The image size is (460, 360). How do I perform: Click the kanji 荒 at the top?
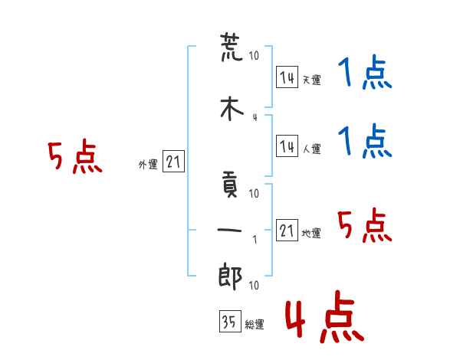coord(232,47)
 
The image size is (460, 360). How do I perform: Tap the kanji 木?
coord(232,109)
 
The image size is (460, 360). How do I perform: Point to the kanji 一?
coord(229,230)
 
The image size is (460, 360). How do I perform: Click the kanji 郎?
coord(230,277)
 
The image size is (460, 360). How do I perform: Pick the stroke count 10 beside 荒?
coord(254,55)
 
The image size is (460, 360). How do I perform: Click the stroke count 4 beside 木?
coord(255,117)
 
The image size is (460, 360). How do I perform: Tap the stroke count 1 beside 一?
coord(255,240)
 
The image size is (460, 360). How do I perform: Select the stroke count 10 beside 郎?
coord(254,285)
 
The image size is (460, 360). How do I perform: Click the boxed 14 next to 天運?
coord(287,77)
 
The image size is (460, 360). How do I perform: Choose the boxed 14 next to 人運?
coord(287,146)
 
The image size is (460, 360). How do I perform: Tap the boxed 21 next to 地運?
coord(287,230)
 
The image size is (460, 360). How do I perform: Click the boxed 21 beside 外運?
coord(173,162)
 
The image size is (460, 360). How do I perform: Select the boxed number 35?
coord(230,321)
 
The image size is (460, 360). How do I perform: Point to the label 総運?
coord(255,325)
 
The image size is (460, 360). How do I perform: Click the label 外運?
coord(148,165)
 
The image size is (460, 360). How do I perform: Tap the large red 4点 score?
coord(325,316)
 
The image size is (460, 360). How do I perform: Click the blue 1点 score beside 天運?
coord(365,72)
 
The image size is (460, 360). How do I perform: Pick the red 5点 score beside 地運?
coord(365,225)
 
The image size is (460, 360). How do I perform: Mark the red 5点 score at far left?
coord(75,156)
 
